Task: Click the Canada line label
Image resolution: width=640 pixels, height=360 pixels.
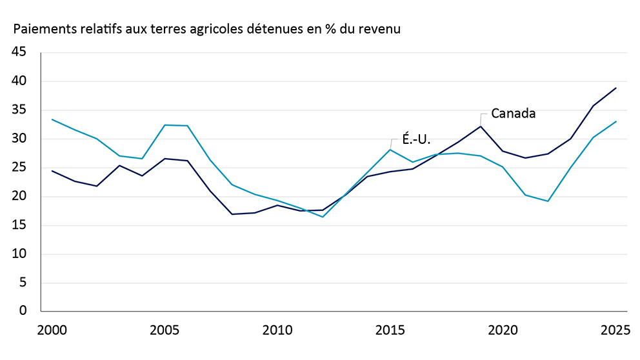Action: [x=514, y=114]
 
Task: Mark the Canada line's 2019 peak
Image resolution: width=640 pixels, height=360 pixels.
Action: [x=481, y=126]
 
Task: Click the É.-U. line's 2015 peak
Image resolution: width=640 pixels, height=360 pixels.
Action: [x=390, y=150]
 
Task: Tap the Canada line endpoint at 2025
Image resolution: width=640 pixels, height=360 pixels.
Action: [x=616, y=88]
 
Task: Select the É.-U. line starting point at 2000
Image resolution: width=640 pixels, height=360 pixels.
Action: [x=52, y=119]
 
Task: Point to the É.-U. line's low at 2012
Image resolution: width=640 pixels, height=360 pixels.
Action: [x=323, y=217]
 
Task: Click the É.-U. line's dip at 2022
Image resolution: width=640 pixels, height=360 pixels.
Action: [x=548, y=201]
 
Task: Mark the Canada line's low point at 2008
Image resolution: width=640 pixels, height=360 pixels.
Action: [x=232, y=214]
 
